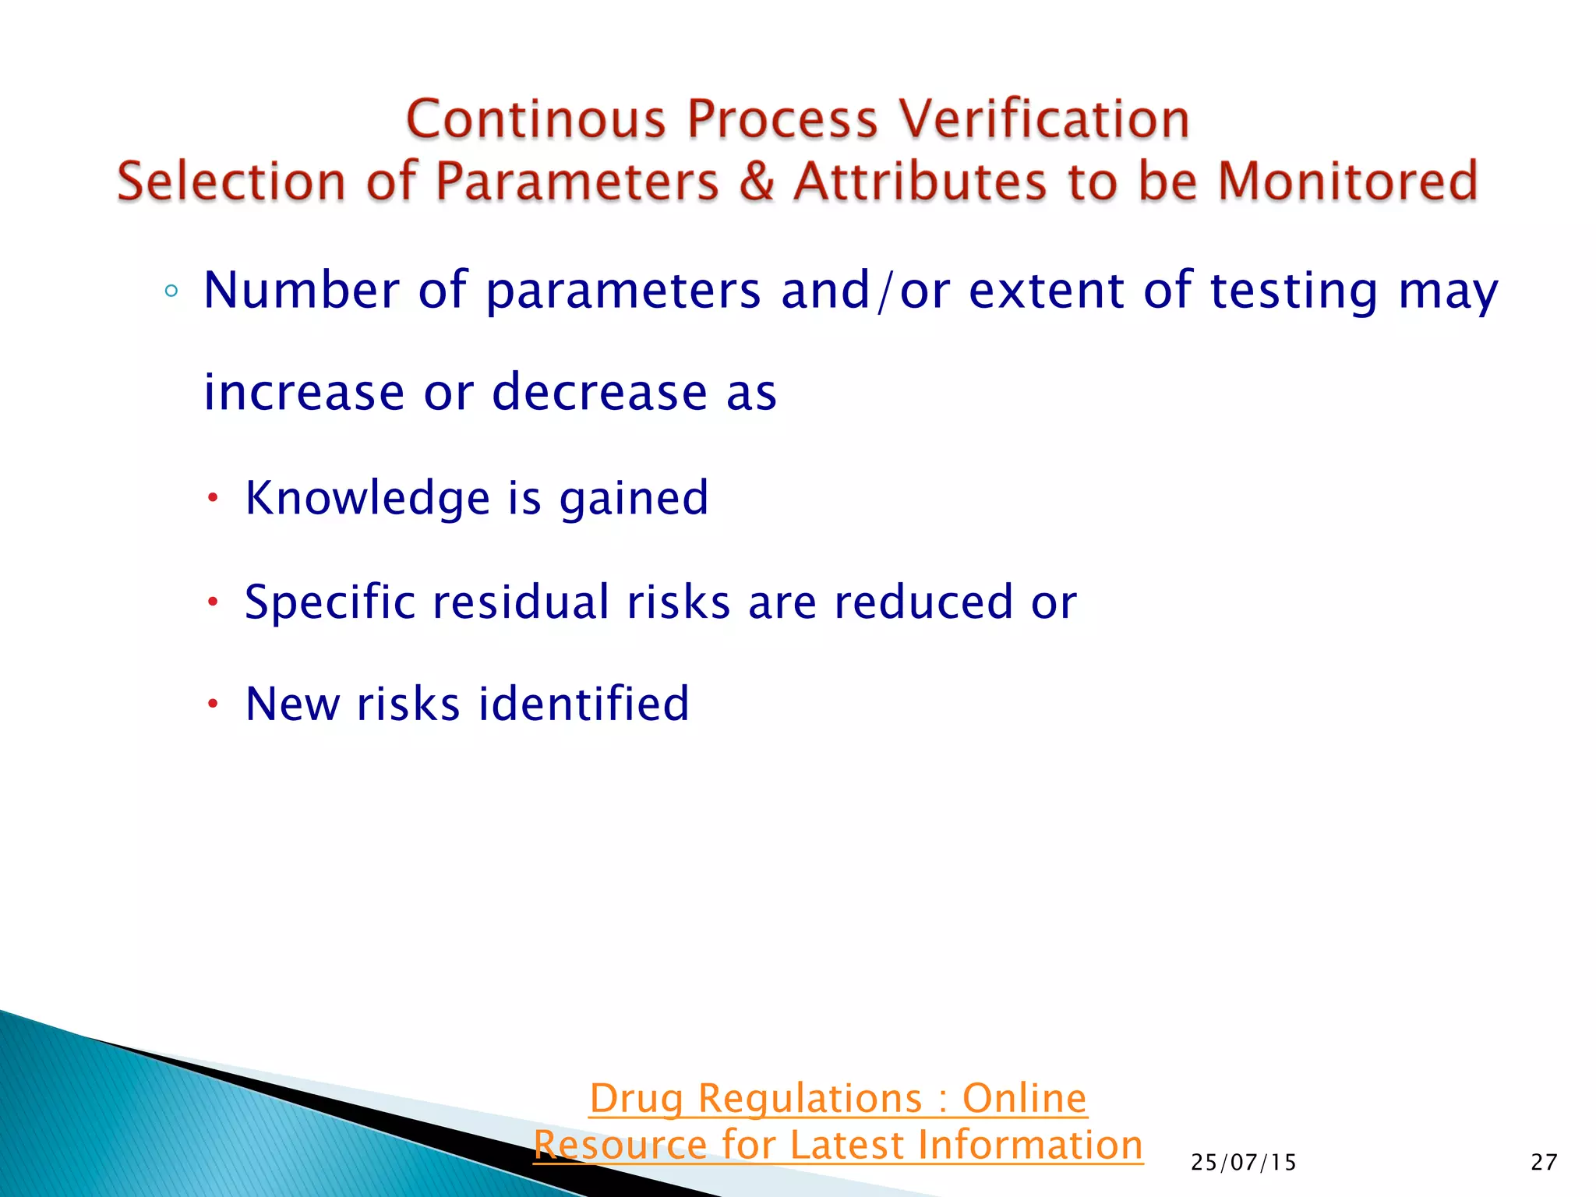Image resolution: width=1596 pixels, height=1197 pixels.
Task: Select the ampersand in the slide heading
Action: click(756, 182)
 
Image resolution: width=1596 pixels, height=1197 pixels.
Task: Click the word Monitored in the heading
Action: click(1347, 182)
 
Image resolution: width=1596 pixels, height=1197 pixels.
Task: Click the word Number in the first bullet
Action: click(302, 291)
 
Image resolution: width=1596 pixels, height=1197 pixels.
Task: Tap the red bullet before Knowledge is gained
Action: click(213, 499)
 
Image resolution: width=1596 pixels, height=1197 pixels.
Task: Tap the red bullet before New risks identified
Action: click(213, 704)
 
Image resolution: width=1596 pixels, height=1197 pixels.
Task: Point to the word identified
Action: click(584, 704)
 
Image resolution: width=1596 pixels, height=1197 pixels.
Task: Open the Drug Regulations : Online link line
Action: click(838, 1099)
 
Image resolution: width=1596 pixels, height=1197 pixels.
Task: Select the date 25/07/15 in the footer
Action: click(1244, 1163)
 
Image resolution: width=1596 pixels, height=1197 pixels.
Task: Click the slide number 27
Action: click(1544, 1163)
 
